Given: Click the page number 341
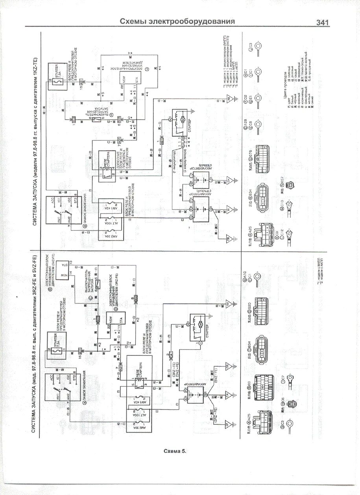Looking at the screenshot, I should (322, 23).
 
